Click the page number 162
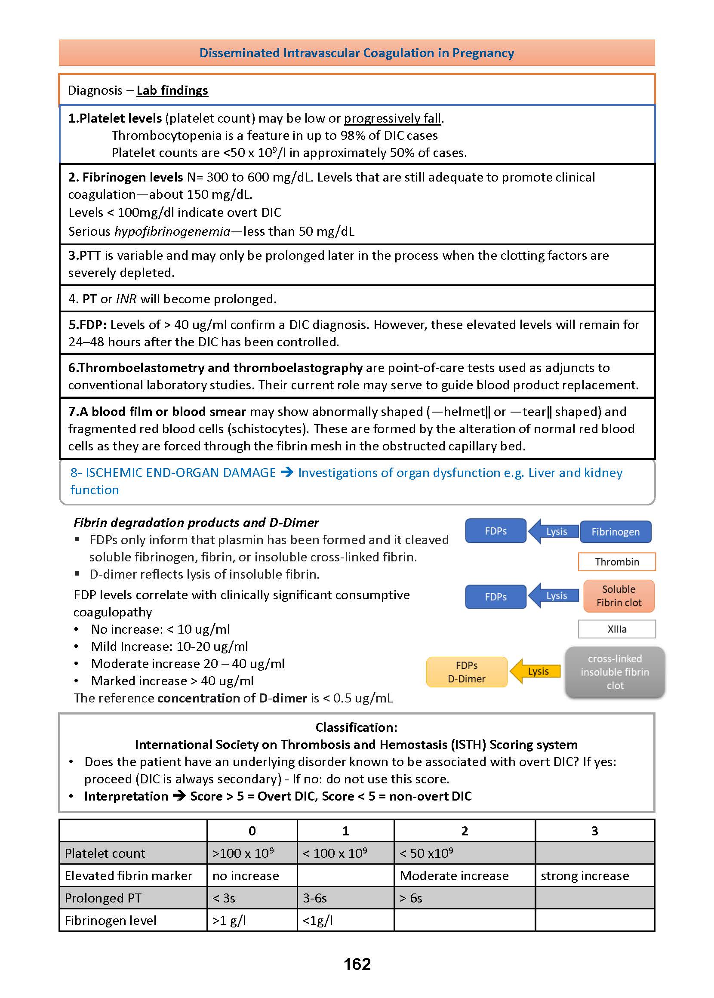click(x=357, y=964)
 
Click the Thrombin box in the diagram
click(x=616, y=562)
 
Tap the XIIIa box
click(x=616, y=629)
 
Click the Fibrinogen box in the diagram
click(x=615, y=532)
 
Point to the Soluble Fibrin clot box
click(x=619, y=596)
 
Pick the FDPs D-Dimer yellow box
click(x=467, y=672)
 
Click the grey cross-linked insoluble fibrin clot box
click(x=615, y=672)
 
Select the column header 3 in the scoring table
click(x=594, y=831)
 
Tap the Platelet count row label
click(x=105, y=853)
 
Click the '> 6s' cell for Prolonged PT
click(x=411, y=898)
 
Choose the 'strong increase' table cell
click(x=584, y=876)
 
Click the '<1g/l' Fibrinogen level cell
click(x=317, y=921)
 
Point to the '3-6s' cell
click(x=315, y=898)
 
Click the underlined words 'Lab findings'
click(x=172, y=90)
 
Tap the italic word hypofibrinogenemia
click(x=172, y=231)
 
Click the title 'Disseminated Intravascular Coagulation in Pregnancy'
click(x=357, y=53)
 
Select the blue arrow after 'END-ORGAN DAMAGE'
click(x=286, y=473)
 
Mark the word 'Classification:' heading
click(x=356, y=727)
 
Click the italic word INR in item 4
click(x=126, y=299)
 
